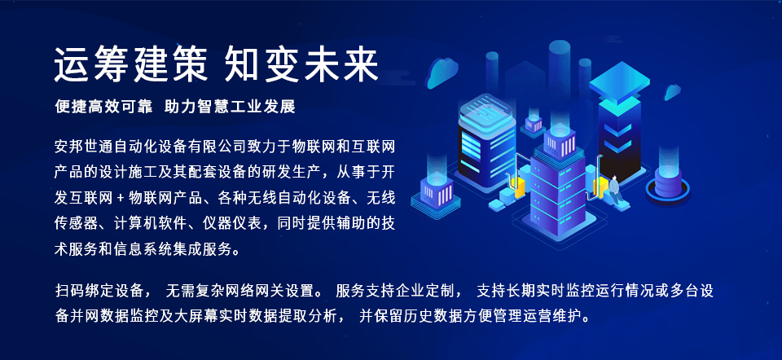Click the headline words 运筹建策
130,65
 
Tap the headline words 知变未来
302,65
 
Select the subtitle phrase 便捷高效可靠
103,107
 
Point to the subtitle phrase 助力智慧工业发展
230,107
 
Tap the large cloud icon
442,72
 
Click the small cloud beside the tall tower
672,92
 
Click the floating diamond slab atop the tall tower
619,82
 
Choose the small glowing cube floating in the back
534,125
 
